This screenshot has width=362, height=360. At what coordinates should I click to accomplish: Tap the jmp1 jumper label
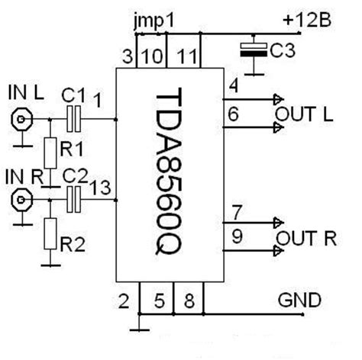coord(154,21)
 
